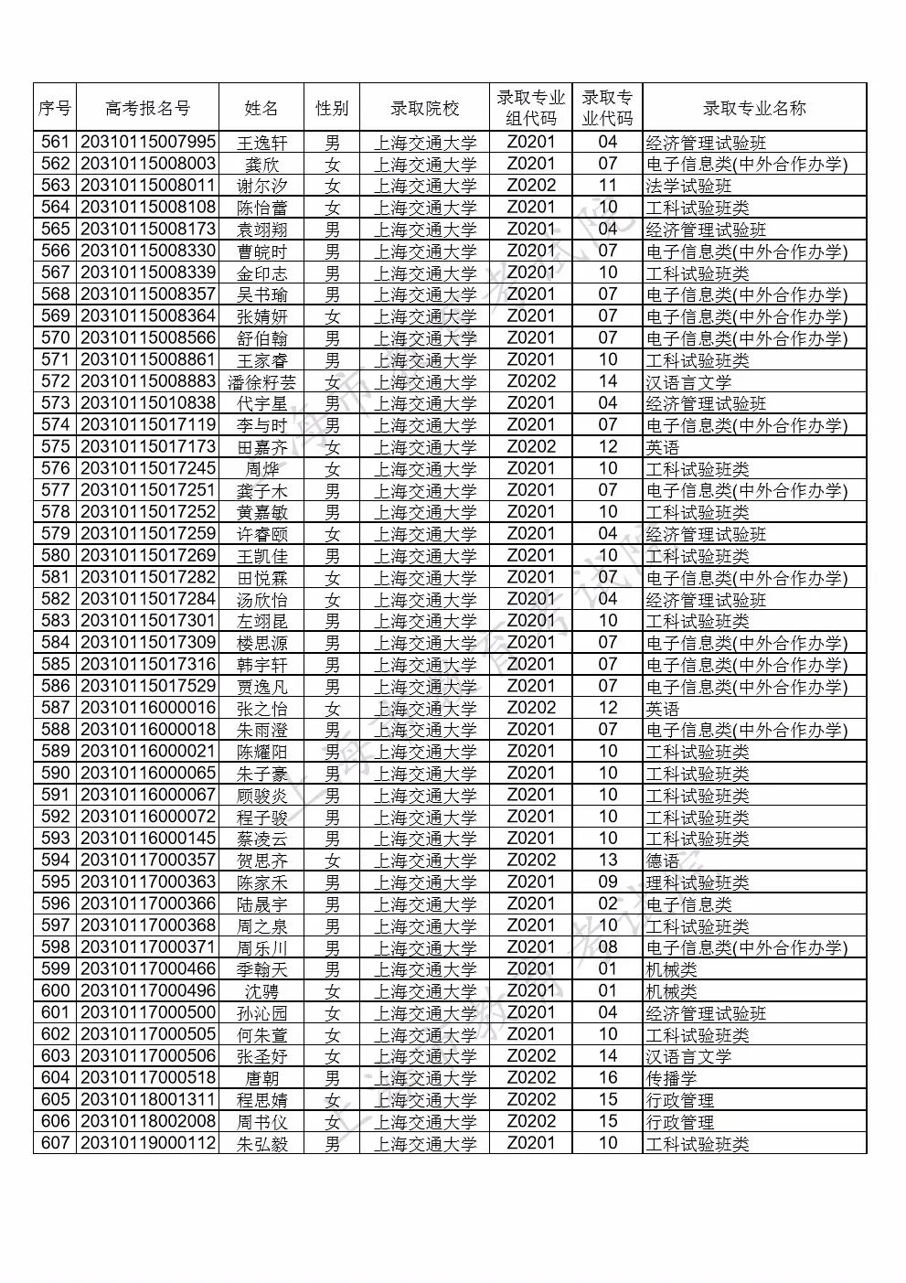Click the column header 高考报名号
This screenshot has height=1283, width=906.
coord(148,108)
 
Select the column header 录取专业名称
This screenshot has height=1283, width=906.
coord(753,108)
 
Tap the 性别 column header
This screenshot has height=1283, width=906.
coord(332,108)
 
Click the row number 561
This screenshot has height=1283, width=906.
coord(56,142)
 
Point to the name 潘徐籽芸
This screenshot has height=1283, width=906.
coord(261,381)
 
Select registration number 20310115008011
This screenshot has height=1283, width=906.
coord(148,186)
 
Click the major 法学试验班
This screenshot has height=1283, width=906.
coord(688,186)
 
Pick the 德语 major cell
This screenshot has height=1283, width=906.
coord(663,861)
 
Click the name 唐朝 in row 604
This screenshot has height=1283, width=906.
coord(261,1078)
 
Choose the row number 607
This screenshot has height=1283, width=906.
coord(56,1143)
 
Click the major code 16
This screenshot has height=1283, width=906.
coord(608,1078)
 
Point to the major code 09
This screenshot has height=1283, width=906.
coord(608,882)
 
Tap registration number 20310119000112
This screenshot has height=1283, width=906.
coord(148,1143)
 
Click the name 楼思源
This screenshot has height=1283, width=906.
coord(261,643)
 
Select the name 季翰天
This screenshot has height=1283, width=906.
coord(261,969)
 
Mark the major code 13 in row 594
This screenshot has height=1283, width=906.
coord(608,861)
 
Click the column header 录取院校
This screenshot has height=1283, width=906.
coord(424,108)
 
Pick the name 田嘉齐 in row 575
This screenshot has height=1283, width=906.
coord(261,447)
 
